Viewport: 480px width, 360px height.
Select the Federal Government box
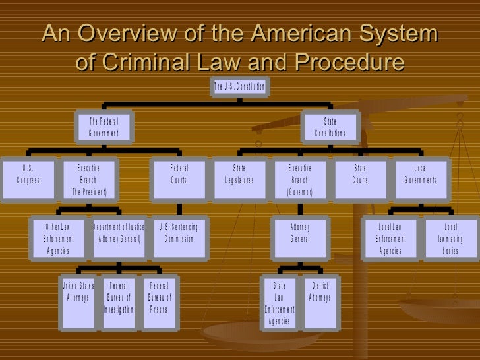[104, 128]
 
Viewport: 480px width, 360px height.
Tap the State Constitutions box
[330, 128]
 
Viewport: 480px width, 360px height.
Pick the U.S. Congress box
[28, 175]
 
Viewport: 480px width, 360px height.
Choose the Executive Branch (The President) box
[88, 180]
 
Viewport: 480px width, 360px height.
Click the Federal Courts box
[179, 175]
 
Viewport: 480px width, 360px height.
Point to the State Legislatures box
[239, 175]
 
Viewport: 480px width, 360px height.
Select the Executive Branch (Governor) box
[299, 180]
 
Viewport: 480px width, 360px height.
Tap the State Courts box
[360, 175]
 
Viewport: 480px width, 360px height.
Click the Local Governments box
[420, 175]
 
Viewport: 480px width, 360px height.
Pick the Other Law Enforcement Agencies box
[59, 239]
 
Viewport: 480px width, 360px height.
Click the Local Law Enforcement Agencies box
[390, 239]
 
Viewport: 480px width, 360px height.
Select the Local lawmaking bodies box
[450, 239]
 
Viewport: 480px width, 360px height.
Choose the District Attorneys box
[320, 293]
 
